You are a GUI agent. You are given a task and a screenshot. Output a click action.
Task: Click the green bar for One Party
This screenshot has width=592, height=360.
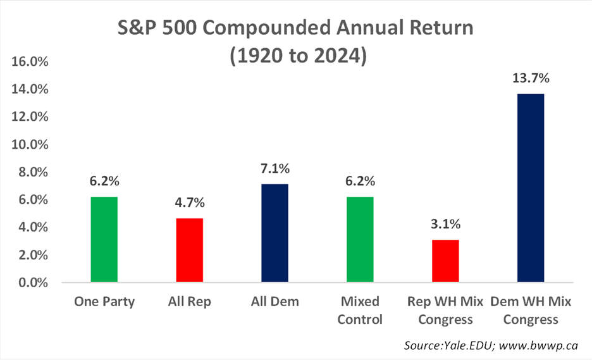[x=104, y=240]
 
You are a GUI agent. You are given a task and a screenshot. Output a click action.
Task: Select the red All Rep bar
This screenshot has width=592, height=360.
[x=190, y=250]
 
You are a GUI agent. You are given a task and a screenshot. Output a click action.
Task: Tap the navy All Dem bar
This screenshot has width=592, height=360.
[x=275, y=233]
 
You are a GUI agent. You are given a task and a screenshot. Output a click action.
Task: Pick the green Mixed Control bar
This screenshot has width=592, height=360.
[x=360, y=240]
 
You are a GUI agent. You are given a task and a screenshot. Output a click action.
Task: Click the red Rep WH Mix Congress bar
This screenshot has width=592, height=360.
[x=445, y=261]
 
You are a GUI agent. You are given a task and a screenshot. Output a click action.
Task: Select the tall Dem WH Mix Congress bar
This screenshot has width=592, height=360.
[x=531, y=188]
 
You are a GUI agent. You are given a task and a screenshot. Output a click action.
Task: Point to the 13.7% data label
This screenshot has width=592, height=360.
[x=531, y=78]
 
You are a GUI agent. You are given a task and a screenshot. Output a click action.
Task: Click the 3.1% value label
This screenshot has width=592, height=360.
[x=445, y=224]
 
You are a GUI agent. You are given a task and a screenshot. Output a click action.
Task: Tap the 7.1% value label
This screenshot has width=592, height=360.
[x=275, y=168]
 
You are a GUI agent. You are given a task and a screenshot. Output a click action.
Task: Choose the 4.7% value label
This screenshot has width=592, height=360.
[x=190, y=202]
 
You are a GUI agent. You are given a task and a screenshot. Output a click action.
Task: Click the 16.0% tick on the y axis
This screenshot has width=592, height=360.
[x=30, y=61]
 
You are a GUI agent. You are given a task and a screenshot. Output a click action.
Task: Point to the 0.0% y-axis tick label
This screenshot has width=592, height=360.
[x=34, y=283]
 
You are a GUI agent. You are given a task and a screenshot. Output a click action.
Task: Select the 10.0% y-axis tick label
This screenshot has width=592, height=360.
[x=30, y=144]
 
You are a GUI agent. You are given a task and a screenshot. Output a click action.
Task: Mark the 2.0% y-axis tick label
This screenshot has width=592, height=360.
[x=34, y=255]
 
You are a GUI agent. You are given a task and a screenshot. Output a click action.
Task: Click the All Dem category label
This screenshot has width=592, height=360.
[x=275, y=301]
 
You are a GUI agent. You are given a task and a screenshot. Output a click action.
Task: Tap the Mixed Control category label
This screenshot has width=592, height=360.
[x=360, y=310]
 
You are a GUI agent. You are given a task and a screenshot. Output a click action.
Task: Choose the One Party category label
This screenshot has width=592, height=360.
[x=104, y=302]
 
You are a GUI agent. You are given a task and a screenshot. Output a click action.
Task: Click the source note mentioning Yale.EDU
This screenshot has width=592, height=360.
[x=491, y=345]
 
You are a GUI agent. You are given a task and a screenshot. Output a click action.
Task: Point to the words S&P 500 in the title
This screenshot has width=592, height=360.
[x=157, y=28]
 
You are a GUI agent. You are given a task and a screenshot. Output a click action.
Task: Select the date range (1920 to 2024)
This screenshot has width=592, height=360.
[x=299, y=56]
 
